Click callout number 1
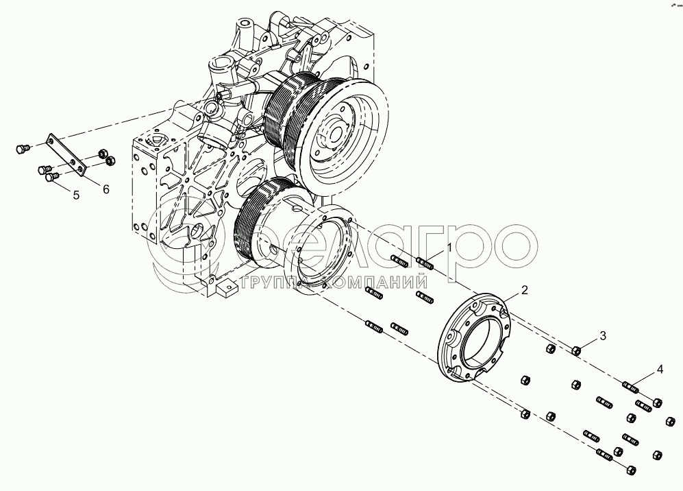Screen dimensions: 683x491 point(449,247)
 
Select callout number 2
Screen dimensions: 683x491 point(524,290)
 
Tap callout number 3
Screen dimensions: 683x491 point(603,335)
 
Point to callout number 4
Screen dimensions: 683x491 point(660,370)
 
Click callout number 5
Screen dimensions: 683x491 point(76,195)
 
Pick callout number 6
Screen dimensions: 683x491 point(106,189)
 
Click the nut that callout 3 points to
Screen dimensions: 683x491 point(576,352)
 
